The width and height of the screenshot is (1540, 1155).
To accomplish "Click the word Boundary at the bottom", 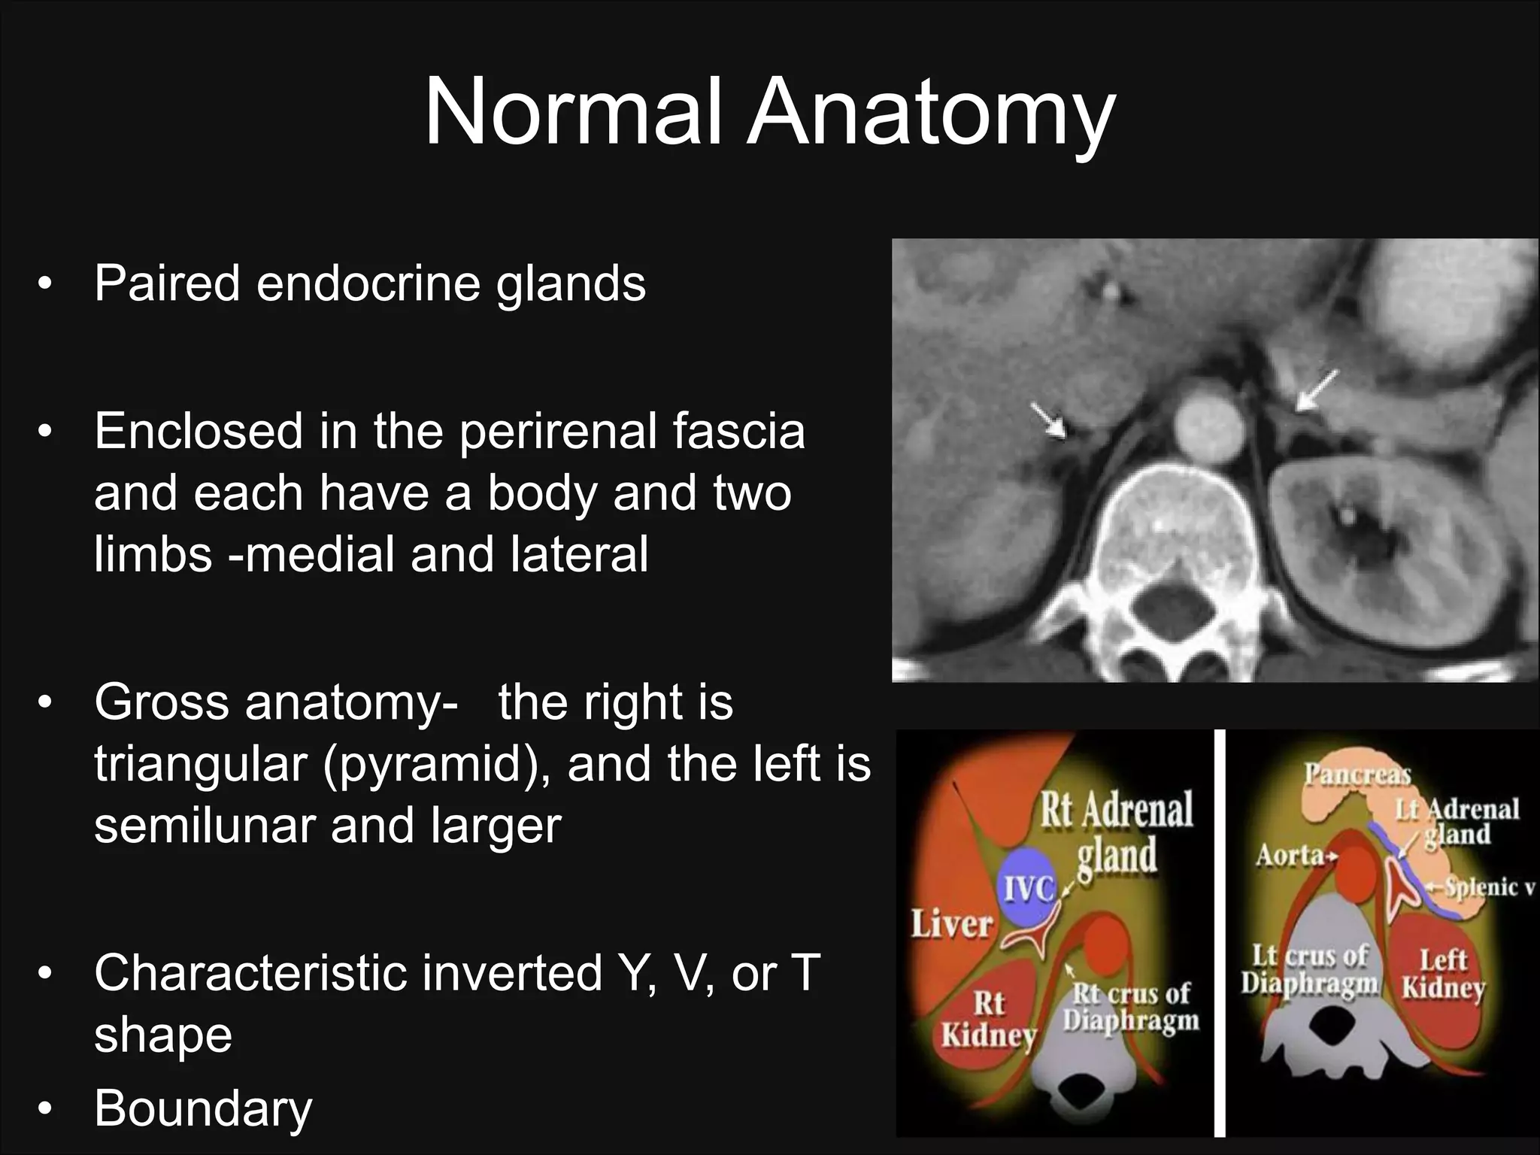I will pos(203,1108).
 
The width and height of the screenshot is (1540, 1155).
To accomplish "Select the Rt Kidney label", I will pos(989,1020).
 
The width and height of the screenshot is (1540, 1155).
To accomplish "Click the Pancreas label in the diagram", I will pos(1357,774).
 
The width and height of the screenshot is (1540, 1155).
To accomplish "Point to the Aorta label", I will pos(1290,855).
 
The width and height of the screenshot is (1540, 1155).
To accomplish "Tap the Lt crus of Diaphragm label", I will pos(1309,969).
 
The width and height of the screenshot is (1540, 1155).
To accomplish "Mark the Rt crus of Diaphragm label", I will pos(1131,1007).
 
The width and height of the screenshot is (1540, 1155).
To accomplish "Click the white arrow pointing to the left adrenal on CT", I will pos(1317,390).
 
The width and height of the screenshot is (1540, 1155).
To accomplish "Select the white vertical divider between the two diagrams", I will pos(1220,932).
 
